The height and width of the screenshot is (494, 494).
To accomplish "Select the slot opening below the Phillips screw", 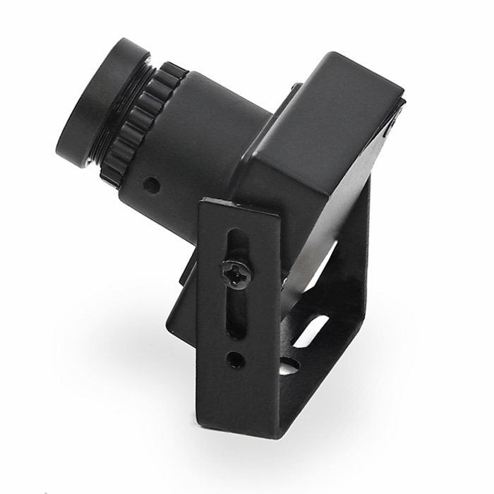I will [x=236, y=314].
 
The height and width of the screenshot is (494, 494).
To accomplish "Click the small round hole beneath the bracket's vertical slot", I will [x=235, y=360].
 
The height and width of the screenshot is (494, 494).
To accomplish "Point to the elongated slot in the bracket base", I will [x=311, y=330].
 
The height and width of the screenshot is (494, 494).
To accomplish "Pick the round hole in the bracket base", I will [x=289, y=366].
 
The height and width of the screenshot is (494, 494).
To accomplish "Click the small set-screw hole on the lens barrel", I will [x=151, y=185].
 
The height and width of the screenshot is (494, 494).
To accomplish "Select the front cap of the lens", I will [x=99, y=102].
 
